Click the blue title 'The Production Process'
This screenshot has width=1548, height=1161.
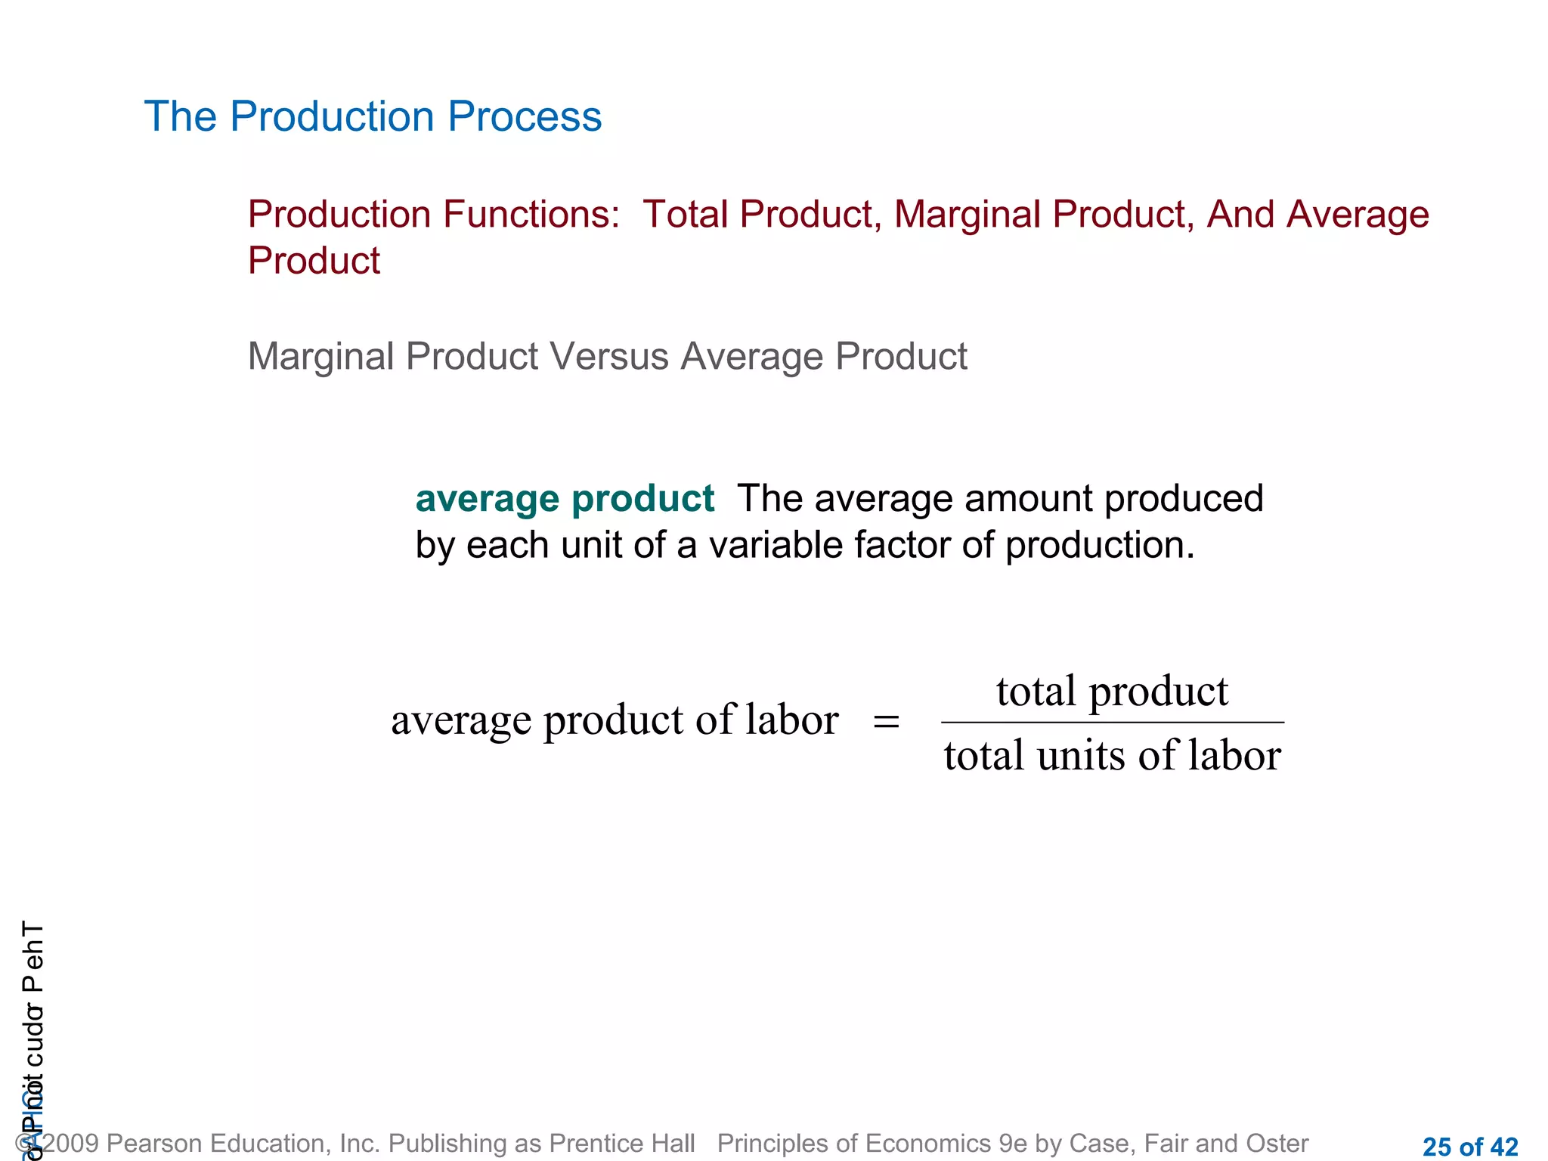(373, 116)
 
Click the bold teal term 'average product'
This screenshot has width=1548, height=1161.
(565, 499)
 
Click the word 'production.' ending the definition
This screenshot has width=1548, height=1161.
(1100, 545)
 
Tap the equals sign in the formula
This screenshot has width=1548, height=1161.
(886, 721)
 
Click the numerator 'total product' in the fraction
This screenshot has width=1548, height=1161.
(1112, 691)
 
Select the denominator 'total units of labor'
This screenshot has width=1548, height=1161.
(1112, 755)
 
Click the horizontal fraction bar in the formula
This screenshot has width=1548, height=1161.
(1112, 723)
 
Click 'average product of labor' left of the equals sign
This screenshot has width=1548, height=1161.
(615, 720)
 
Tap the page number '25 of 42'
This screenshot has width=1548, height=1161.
(1470, 1147)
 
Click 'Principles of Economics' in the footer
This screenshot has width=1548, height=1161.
(854, 1143)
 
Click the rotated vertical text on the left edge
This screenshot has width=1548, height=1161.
(33, 1036)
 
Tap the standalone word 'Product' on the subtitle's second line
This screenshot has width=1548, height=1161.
(314, 261)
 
